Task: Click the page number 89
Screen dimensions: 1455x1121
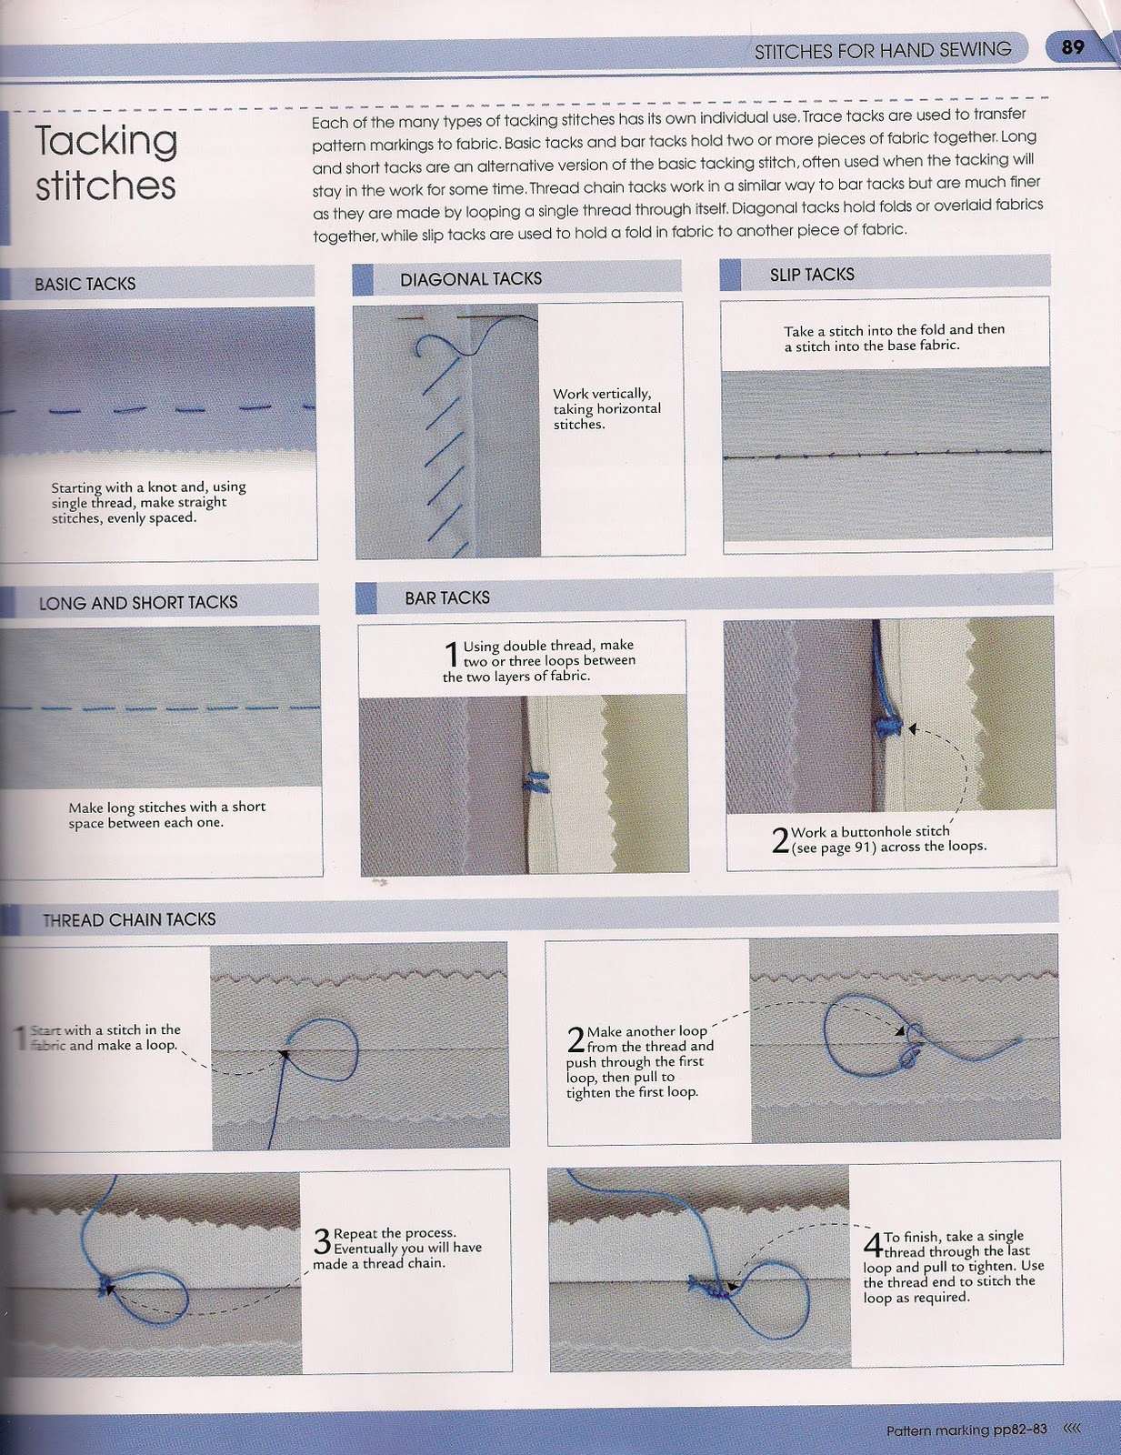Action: tap(1073, 46)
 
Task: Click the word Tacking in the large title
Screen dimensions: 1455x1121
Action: tap(105, 141)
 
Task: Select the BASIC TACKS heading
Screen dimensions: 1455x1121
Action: tap(85, 284)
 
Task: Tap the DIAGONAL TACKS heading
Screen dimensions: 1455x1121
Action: tap(470, 279)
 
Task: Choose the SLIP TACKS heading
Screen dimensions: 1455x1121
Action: tap(811, 275)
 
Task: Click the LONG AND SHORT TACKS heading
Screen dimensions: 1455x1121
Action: tap(137, 602)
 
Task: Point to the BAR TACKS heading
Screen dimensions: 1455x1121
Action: tap(446, 597)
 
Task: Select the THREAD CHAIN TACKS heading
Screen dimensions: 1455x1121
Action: tap(129, 919)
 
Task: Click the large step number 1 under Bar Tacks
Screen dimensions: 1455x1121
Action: tap(451, 654)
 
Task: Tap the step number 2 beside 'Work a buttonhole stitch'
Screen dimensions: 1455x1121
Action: tap(779, 839)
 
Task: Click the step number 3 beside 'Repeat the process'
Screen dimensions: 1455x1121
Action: tap(322, 1241)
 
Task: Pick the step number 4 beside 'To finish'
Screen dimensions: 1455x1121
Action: tap(872, 1243)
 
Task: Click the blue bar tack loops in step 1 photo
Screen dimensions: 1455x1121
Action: tap(536, 783)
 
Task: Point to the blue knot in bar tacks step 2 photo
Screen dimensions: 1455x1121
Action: tap(888, 726)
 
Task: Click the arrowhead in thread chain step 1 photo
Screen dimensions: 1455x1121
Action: tap(284, 1054)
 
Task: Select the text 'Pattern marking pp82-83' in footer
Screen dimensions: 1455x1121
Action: tap(966, 1430)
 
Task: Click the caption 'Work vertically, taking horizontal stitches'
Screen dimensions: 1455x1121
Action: tap(606, 408)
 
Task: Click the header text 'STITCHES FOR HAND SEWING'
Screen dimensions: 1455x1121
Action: tap(882, 50)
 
